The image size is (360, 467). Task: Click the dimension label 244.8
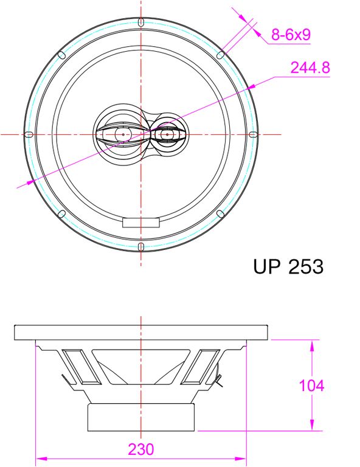(310, 67)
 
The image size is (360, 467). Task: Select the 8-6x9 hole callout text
(291, 34)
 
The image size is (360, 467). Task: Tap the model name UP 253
(288, 266)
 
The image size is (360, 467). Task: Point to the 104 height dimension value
(311, 386)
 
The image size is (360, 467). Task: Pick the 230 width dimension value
(141, 449)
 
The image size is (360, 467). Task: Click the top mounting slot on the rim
(141, 22)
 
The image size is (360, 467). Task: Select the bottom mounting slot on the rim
(141, 247)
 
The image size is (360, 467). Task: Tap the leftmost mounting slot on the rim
(29, 134)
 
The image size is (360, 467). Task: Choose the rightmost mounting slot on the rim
(253, 134)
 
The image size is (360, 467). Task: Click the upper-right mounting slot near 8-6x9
(220, 55)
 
